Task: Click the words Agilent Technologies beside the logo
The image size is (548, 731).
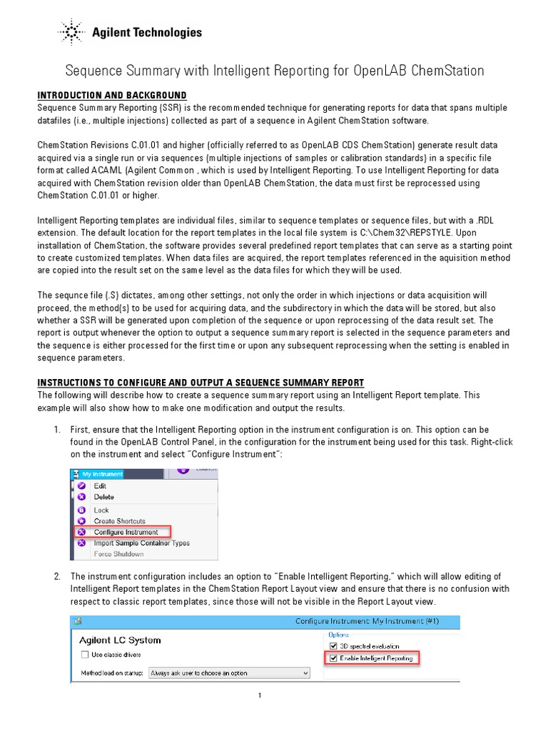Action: [x=146, y=33]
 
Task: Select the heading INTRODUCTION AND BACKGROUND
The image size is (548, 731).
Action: [x=112, y=96]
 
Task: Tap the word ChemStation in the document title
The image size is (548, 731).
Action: [x=447, y=71]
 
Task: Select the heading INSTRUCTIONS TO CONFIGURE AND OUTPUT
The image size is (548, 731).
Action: [x=201, y=383]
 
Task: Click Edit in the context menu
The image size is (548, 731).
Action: [x=100, y=485]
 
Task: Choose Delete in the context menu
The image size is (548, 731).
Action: [x=103, y=497]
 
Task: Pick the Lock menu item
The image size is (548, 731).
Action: [x=101, y=510]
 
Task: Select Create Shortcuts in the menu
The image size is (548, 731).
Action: [x=119, y=521]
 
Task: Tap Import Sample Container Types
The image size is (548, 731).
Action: [x=141, y=543]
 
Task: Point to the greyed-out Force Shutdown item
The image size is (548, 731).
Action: [x=118, y=554]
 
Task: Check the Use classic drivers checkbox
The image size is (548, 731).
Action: [x=84, y=655]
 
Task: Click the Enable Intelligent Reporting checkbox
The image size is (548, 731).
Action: [x=333, y=658]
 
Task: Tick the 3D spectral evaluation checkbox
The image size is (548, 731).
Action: [x=333, y=646]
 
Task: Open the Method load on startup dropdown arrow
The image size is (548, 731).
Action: [x=305, y=672]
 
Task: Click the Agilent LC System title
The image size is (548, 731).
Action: [x=120, y=640]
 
